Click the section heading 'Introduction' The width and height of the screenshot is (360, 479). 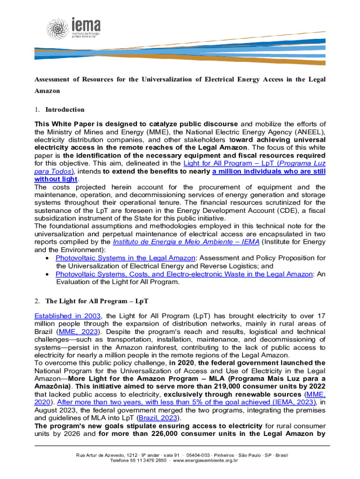pyautogui.click(x=65, y=109)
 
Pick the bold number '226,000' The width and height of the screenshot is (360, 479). pyautogui.click(x=173, y=433)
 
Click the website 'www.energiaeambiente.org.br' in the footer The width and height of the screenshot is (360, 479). pyautogui.click(x=206, y=460)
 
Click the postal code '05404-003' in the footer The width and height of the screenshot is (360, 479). pyautogui.click(x=202, y=454)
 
